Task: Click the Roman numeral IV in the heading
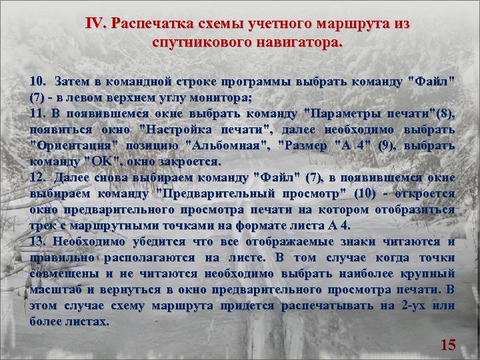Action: coord(96,24)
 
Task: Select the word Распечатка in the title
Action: coord(152,24)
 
